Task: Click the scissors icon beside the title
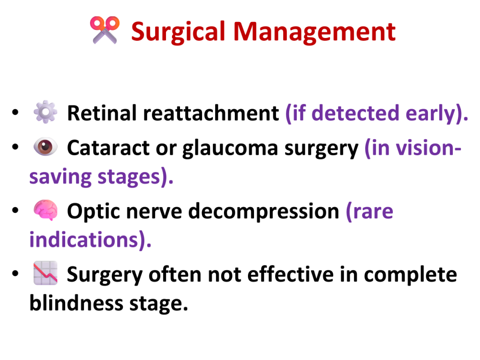click(105, 30)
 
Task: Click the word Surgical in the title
click(179, 32)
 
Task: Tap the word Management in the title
click(315, 32)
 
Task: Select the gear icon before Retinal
click(45, 112)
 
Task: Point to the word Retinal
click(102, 113)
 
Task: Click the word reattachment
click(211, 113)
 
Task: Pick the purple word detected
click(355, 113)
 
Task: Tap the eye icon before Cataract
click(45, 147)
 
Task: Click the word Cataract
click(108, 148)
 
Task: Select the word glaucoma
click(230, 149)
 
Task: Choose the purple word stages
click(129, 177)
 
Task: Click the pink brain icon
click(45, 210)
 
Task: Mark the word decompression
click(263, 212)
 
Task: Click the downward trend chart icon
click(45, 273)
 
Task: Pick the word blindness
click(76, 303)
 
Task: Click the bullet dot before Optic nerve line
click(15, 210)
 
